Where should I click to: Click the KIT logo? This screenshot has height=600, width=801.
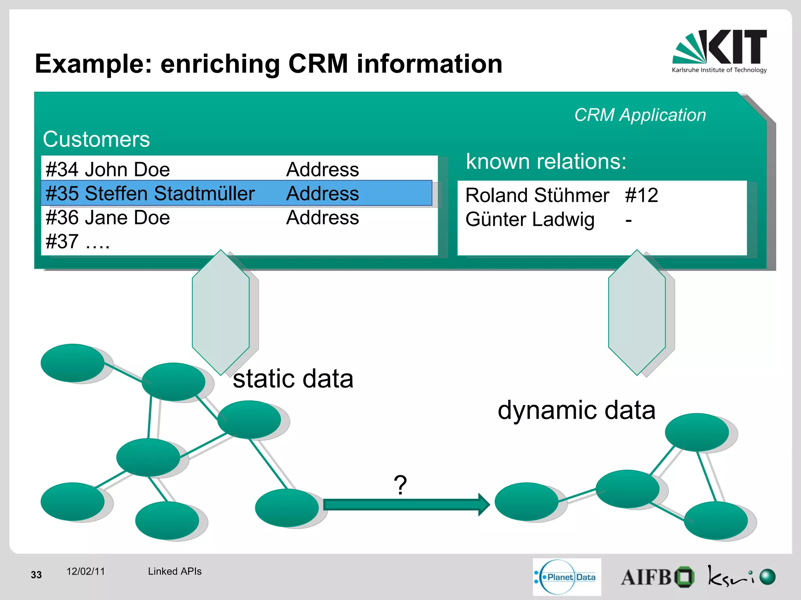(720, 51)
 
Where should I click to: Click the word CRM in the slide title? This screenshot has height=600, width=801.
(318, 64)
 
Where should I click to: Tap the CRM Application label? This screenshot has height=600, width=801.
(640, 115)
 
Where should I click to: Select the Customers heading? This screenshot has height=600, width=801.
(96, 139)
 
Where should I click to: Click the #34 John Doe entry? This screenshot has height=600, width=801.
(108, 170)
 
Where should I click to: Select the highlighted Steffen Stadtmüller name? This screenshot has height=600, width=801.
(169, 193)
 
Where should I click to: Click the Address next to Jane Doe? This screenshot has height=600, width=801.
(322, 218)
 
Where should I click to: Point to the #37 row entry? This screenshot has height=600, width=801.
(77, 242)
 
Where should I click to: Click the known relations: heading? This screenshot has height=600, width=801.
(546, 161)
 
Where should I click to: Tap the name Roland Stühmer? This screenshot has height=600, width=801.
(537, 195)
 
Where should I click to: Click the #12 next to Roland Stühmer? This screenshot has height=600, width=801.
(641, 195)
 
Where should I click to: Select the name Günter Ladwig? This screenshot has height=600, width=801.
(530, 220)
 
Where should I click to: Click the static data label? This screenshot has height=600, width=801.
(293, 379)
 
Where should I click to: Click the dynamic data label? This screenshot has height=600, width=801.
(577, 410)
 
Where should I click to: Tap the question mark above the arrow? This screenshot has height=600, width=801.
(400, 485)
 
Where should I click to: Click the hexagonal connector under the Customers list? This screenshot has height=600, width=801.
(221, 312)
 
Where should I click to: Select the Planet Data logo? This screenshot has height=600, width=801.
(567, 577)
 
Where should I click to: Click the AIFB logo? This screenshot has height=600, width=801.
(657, 577)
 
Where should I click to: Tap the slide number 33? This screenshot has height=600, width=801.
(36, 575)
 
